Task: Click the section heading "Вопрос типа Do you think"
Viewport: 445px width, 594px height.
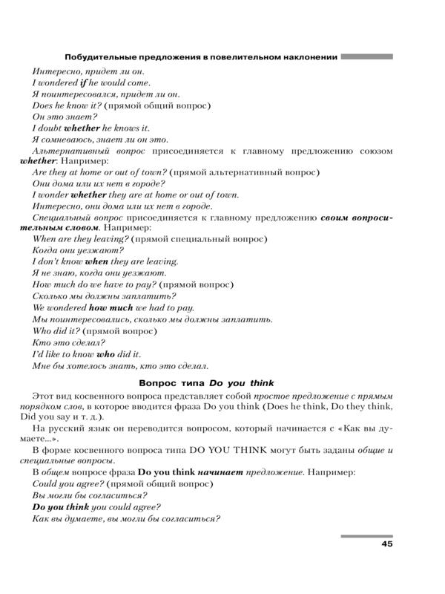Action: (x=207, y=383)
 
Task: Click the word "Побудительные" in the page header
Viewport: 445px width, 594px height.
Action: (x=99, y=57)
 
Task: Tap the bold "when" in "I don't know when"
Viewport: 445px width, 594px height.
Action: (x=97, y=262)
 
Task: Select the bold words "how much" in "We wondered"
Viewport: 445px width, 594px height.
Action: (x=111, y=307)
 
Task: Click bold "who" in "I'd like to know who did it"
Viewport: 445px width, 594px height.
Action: (x=105, y=355)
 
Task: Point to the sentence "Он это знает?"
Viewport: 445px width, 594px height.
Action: (x=65, y=117)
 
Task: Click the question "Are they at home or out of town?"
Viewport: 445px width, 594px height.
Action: (x=99, y=172)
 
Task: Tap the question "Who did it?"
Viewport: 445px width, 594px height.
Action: (x=56, y=330)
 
